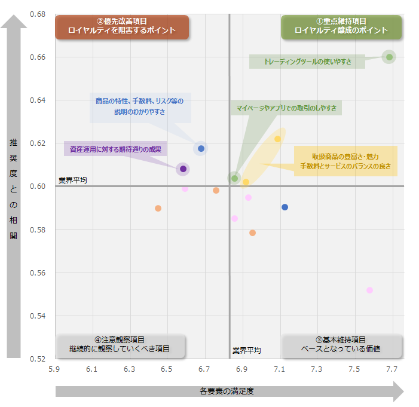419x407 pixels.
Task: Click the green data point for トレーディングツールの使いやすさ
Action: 389,57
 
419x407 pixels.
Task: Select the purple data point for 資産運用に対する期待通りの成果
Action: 183,169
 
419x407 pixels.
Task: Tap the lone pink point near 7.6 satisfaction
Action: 369,290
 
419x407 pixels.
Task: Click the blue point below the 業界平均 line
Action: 285,207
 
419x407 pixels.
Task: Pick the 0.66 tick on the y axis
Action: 39,57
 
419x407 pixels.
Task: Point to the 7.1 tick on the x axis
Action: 280,370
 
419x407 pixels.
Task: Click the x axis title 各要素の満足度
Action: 227,392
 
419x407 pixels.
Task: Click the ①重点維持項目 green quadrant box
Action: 341,27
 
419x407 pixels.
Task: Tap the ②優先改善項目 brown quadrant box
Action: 122,27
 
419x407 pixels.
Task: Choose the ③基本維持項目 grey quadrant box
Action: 341,345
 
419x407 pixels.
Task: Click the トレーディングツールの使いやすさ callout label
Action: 307,62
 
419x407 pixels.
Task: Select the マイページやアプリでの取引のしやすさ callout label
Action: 286,108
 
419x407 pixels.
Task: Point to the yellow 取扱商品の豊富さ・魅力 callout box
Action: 345,161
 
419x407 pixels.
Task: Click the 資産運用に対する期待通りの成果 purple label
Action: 115,149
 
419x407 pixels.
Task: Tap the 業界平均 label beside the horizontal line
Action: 73,180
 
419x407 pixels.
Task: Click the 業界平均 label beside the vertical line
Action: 247,351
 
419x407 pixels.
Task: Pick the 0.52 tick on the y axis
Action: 39,359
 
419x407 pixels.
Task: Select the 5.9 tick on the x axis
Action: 54,370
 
